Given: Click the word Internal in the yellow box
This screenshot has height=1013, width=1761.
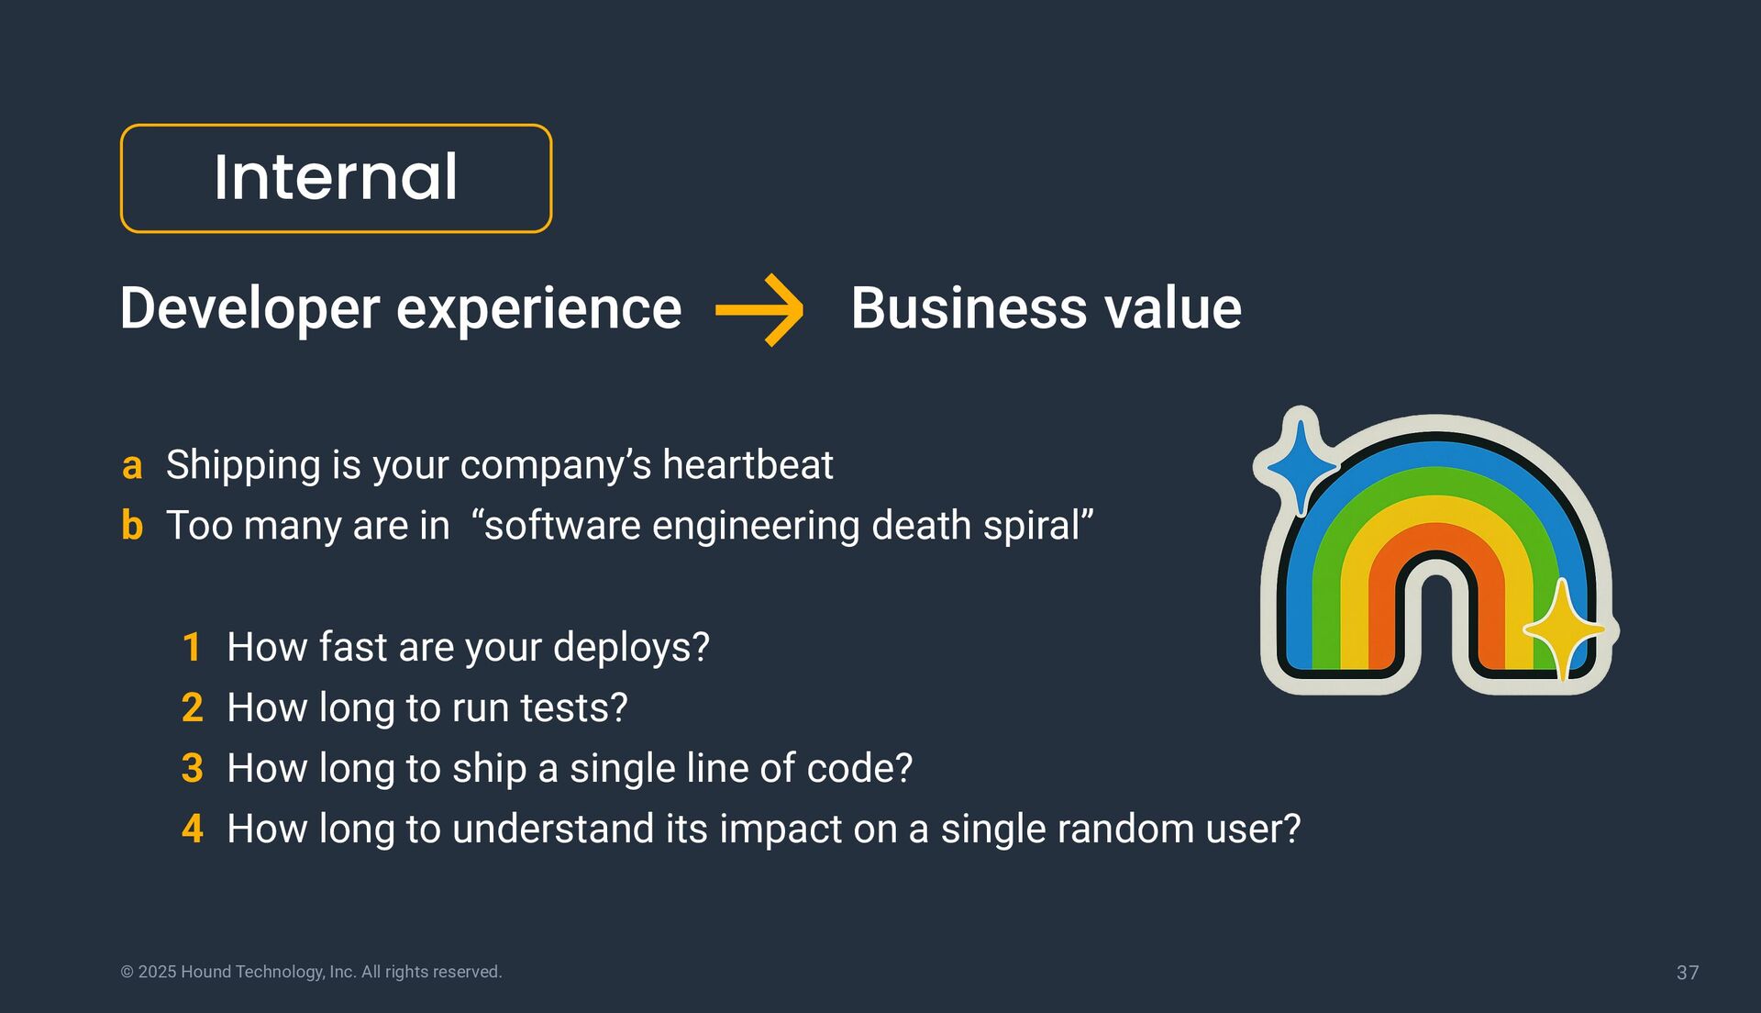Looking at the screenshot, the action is point(336,177).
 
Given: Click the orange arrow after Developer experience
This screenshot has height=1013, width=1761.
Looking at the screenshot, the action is point(759,310).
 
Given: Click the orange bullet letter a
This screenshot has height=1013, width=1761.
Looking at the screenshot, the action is point(132,466).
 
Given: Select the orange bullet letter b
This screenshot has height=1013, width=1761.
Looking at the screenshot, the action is point(132,526).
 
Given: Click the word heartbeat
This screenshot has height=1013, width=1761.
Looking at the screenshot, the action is point(748,465).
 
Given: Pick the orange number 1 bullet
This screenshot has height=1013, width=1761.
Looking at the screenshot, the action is point(192,648).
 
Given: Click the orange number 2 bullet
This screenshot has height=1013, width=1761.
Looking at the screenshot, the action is point(192,708).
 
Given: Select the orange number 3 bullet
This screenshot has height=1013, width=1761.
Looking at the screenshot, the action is point(192,769).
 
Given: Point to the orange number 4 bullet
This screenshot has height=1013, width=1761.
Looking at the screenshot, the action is point(192,829).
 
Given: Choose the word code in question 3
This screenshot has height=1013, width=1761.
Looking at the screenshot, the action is point(855,769).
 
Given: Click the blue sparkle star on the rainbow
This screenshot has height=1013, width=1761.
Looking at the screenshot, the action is point(1300,463).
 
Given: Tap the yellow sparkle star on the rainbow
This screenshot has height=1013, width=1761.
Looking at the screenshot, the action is point(1562,629).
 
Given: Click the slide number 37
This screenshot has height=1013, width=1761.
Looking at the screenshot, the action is point(1687,973).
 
